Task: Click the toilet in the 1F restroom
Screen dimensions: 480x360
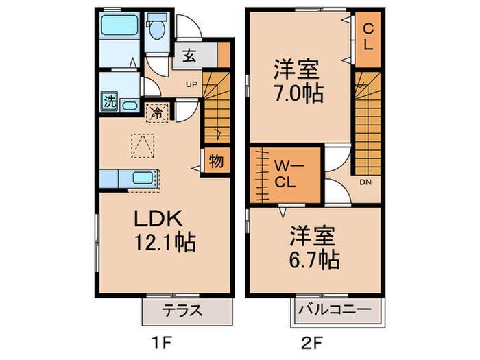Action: (157, 27)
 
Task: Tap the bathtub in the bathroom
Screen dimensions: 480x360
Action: (119, 25)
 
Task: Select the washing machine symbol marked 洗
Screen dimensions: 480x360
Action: (110, 101)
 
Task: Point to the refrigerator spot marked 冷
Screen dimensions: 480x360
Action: (157, 113)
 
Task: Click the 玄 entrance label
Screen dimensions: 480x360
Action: (189, 56)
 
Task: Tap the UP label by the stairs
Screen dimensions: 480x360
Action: (191, 84)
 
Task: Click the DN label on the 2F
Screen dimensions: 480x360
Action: (365, 182)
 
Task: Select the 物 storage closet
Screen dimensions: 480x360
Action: (217, 160)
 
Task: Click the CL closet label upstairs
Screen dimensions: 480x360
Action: (368, 37)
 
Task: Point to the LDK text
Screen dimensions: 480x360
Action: (158, 218)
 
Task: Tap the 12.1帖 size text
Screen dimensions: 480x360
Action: (165, 243)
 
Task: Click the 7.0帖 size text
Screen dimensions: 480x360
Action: (298, 93)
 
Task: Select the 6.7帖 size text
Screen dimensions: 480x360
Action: (314, 260)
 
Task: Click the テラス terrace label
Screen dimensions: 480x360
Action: (182, 311)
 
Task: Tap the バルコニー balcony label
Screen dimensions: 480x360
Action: (335, 309)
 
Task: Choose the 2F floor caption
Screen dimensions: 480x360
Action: (311, 343)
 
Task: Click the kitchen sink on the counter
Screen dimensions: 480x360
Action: (143, 178)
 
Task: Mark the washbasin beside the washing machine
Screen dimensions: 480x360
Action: (129, 106)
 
